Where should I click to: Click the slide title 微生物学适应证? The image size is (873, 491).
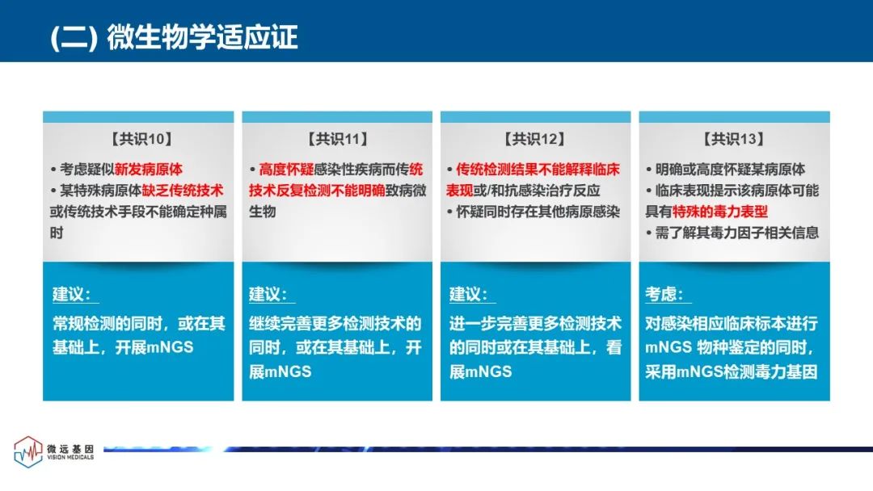point(202,36)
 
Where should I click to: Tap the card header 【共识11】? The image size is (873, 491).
point(337,139)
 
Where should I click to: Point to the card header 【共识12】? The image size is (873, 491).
point(535,139)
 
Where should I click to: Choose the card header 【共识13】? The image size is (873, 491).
point(734,139)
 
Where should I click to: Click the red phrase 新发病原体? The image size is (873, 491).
point(149,169)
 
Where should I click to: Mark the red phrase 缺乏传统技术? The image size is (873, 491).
point(183,190)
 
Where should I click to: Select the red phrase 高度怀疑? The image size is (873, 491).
point(286,169)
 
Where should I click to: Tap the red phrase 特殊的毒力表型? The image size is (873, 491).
point(720,212)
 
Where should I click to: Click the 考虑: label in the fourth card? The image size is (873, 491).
point(664,294)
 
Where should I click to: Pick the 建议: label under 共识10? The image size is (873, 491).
point(72,294)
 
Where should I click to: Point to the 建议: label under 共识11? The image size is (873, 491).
point(268,294)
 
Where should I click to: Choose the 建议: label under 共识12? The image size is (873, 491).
point(468,294)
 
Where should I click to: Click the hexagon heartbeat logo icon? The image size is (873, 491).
point(27,451)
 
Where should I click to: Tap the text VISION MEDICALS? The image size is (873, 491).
point(70,457)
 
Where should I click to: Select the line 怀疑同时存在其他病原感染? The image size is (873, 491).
point(538,212)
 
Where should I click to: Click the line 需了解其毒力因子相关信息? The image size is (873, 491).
point(736,233)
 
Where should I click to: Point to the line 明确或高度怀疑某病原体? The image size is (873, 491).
point(730,169)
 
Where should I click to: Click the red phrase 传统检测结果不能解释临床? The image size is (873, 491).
point(538,169)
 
